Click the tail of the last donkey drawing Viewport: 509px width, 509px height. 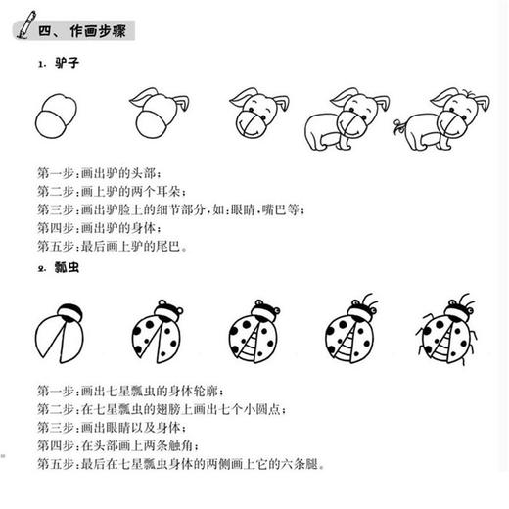pos(398,126)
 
